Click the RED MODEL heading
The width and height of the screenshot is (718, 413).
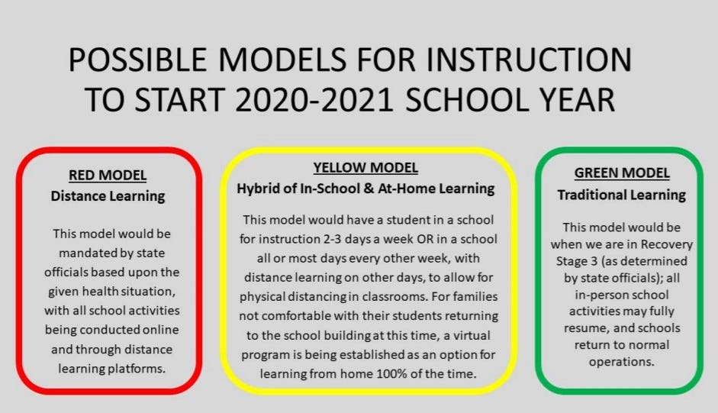click(108, 175)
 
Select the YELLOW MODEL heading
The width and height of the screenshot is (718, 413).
click(365, 168)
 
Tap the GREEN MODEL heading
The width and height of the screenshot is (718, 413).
click(622, 173)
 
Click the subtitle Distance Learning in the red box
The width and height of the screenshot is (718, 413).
click(108, 196)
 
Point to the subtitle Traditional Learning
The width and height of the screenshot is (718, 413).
click(621, 195)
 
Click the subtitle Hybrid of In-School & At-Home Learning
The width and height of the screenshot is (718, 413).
click(365, 189)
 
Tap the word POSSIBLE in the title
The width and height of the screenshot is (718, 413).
click(138, 60)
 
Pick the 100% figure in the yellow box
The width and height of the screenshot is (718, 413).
click(391, 373)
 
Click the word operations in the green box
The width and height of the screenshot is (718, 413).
click(621, 362)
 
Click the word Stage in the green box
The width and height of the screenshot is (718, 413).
click(572, 261)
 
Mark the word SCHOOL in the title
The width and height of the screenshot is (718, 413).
click(467, 100)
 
